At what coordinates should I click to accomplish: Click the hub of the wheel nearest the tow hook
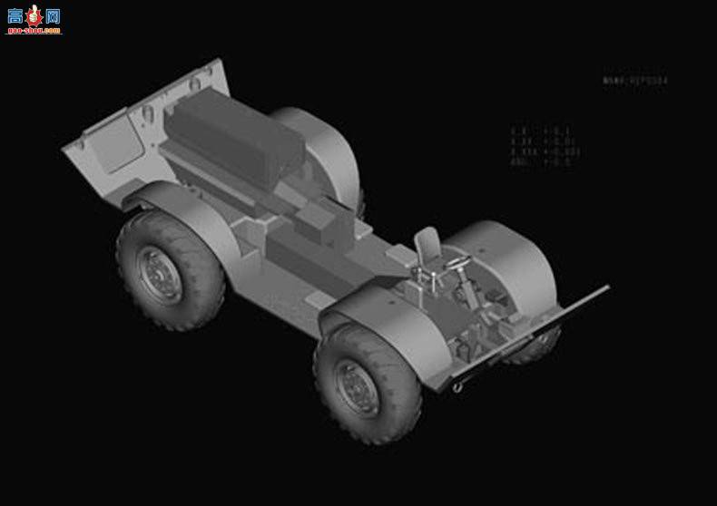click(360, 387)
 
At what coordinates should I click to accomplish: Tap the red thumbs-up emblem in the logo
click(34, 15)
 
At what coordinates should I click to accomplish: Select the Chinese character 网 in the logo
click(52, 15)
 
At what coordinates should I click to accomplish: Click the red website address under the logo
click(34, 30)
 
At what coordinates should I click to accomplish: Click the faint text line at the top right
click(635, 81)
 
